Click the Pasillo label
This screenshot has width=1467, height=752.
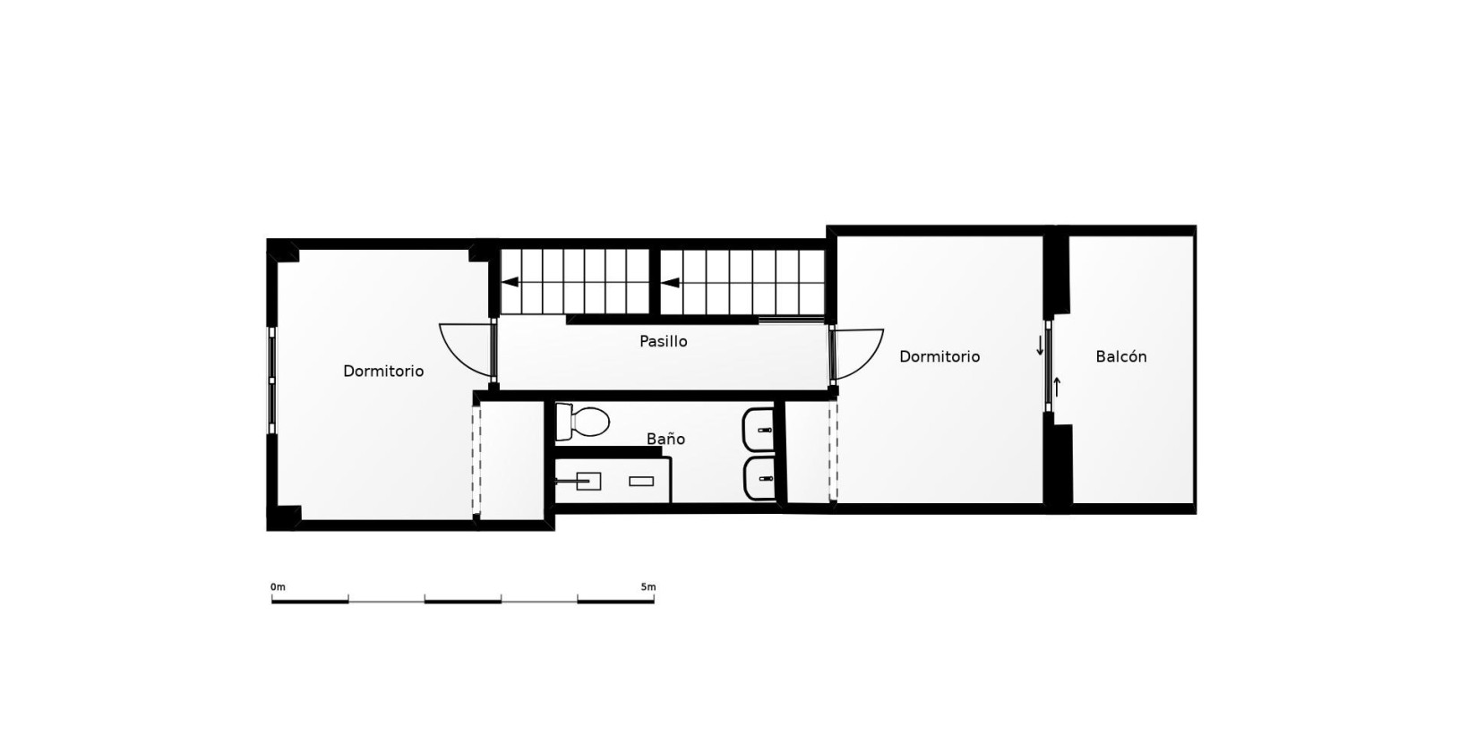(664, 341)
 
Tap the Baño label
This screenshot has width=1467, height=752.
(665, 439)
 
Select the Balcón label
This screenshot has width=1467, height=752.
(1120, 356)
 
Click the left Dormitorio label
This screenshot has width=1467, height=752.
(383, 371)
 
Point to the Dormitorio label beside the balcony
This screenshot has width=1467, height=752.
(939, 356)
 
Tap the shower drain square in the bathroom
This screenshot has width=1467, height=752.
(588, 481)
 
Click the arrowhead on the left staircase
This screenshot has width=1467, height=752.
(510, 282)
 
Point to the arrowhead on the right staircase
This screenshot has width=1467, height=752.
(670, 283)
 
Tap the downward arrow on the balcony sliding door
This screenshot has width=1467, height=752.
(1040, 346)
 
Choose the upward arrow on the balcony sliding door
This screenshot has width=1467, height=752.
(1057, 387)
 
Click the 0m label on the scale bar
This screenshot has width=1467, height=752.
(278, 587)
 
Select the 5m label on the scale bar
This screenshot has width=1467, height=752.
(648, 587)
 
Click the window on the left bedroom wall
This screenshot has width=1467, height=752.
(272, 380)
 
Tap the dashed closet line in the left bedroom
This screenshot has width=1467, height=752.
(477, 458)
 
